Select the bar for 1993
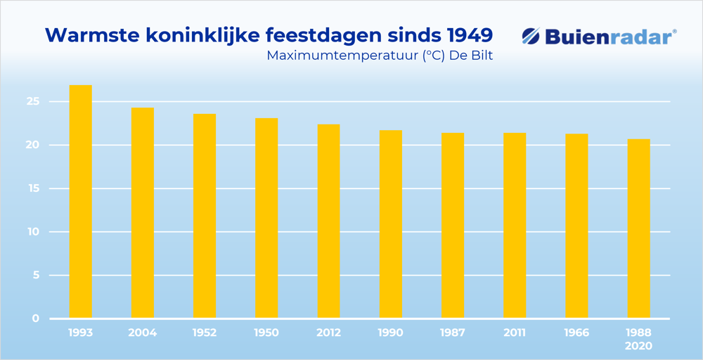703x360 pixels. coord(80,202)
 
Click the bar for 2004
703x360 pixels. coord(143,213)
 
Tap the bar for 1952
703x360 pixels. coord(205,216)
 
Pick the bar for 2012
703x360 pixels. coord(328,221)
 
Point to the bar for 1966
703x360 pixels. coord(576,226)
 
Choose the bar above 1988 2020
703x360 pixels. coord(638,229)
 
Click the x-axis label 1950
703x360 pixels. coord(266,333)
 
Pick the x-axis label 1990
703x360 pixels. coord(390,333)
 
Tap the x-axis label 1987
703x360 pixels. coord(452,333)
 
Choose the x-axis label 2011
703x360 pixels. coord(514,333)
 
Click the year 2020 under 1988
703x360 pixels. coord(638,346)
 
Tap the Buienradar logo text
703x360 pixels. coord(610,37)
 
